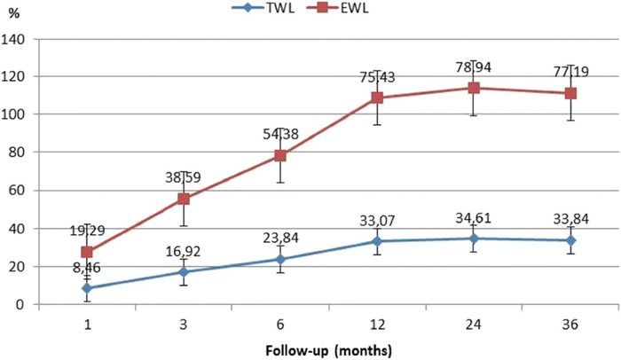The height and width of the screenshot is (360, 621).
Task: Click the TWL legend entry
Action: pos(263,8)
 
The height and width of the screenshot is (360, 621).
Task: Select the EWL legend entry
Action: pos(337,8)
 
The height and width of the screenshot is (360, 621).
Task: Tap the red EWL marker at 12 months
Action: pos(377,98)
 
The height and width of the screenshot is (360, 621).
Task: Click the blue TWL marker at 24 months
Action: pos(474,239)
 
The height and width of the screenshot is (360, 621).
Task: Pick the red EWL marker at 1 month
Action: pos(87,252)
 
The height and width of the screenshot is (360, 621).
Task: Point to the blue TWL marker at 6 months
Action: pos(280,260)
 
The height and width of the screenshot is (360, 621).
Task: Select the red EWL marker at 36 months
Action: pos(570,93)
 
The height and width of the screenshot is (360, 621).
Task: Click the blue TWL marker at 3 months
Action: pos(184,272)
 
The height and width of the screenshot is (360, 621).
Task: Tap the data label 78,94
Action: pos(474,67)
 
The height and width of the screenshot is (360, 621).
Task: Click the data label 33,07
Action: pos(377,221)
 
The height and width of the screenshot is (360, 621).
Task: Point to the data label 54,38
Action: pos(280,135)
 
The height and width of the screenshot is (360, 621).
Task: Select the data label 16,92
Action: pos(184,252)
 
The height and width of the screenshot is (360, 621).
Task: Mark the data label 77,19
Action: pos(570,72)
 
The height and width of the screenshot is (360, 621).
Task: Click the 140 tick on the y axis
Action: pos(13,40)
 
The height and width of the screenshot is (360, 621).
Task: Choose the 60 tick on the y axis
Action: pos(17,191)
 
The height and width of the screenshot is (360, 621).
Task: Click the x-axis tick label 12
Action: pos(377,325)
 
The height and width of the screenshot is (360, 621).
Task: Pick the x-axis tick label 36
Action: pos(570,325)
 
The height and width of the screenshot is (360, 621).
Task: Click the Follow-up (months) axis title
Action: pos(329,350)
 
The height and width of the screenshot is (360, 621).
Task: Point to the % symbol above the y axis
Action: pos(14,13)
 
